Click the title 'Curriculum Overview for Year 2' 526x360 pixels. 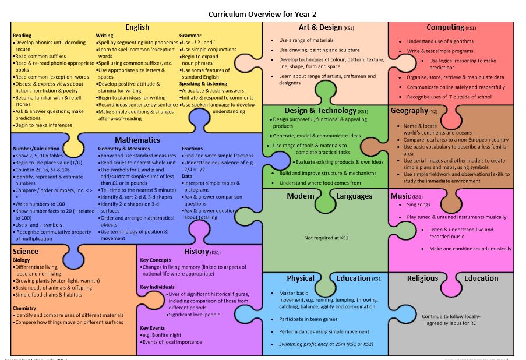[262, 14]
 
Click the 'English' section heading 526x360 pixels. [137, 27]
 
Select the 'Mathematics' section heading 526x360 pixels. [137, 140]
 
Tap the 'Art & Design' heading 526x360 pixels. [320, 27]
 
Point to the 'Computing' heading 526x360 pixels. [445, 27]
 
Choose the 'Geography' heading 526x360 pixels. [409, 111]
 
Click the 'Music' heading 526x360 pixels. [401, 196]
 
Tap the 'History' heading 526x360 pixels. [196, 252]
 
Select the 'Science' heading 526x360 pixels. [25, 252]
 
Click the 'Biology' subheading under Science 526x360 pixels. [21, 260]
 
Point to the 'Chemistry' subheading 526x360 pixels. [24, 308]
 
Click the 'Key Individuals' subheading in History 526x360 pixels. [157, 287]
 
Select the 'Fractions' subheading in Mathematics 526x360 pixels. [192, 149]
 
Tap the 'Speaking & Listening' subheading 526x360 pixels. [203, 84]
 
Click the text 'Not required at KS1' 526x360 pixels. [326, 238]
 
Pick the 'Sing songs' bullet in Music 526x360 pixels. [418, 205]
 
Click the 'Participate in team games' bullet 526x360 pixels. [308, 319]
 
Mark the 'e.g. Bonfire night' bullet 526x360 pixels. [162, 335]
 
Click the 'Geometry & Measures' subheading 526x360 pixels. [124, 149]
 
